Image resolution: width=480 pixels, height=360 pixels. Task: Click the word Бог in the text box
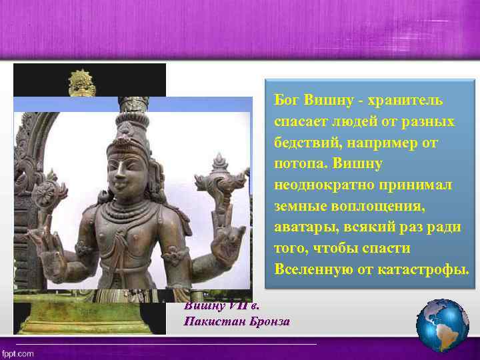point(287,101)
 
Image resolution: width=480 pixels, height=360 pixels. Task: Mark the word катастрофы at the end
point(427,269)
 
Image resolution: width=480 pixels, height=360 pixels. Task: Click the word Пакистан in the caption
point(213,321)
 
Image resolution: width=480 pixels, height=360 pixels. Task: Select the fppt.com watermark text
point(18,353)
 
